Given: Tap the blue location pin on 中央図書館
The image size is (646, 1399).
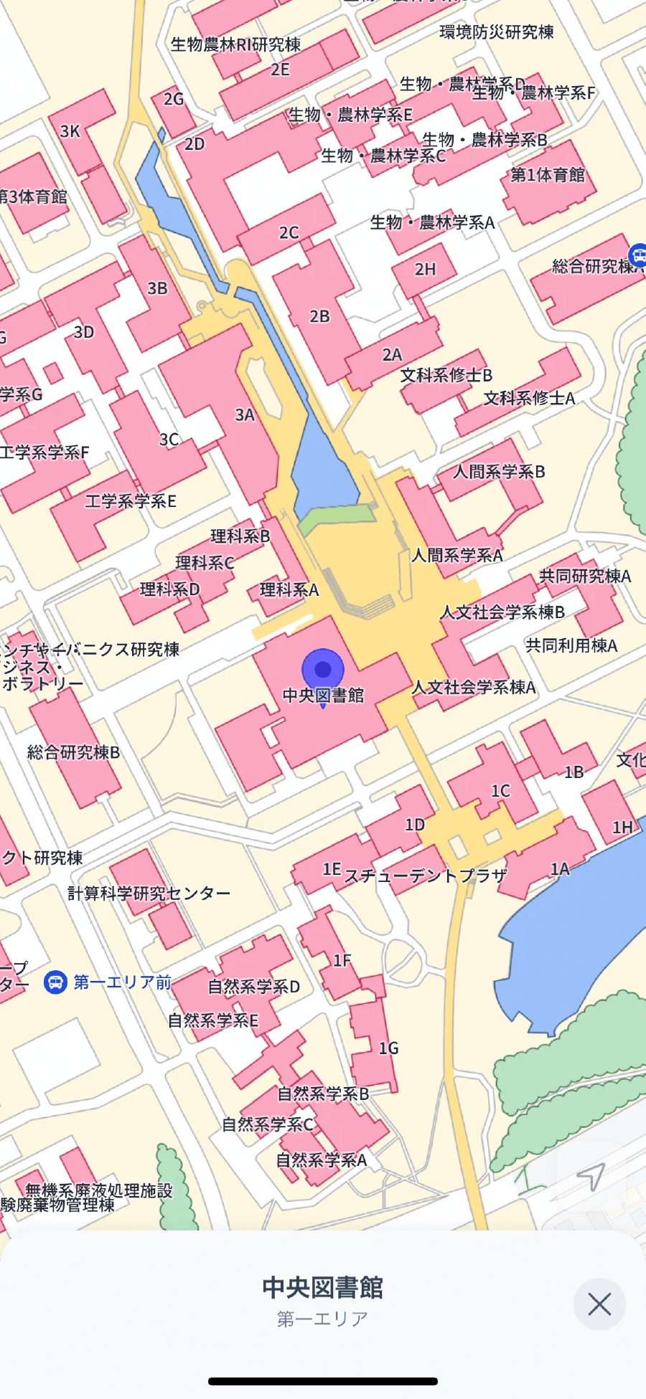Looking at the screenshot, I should coord(323,670).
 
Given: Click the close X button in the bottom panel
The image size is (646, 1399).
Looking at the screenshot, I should coord(599,1304).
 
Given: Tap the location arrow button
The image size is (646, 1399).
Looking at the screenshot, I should coord(591,1176).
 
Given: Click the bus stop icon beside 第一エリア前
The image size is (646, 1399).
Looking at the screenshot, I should coord(55,982).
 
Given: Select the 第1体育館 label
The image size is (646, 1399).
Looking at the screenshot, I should coord(548,175).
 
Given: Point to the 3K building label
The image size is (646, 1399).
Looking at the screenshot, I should coord(70,131).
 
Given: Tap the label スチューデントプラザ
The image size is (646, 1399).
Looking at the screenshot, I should coord(426,876).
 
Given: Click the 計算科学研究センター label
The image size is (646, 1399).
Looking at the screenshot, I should coord(149,893).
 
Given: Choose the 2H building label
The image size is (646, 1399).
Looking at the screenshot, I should coord(425,270).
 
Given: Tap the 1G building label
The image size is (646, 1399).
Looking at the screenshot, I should coord(388,1048).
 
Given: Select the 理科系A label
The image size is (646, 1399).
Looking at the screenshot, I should coord(289,590).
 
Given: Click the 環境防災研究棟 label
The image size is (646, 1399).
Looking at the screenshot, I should coord(497,32).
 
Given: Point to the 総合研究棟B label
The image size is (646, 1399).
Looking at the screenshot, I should coord(74,752).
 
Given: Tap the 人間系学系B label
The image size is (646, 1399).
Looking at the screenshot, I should coord(499,472).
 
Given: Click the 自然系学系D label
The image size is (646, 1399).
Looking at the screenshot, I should coord(254,987).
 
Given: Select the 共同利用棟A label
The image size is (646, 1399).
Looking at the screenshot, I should coord(571,645).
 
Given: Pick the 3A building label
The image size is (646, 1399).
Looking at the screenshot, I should coord(245,414).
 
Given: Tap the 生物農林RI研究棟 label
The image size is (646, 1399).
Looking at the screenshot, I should coord(235,44).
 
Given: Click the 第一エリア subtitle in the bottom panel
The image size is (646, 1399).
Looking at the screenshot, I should coord(322,1319).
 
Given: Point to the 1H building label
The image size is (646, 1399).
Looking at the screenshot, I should coord(622,827).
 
